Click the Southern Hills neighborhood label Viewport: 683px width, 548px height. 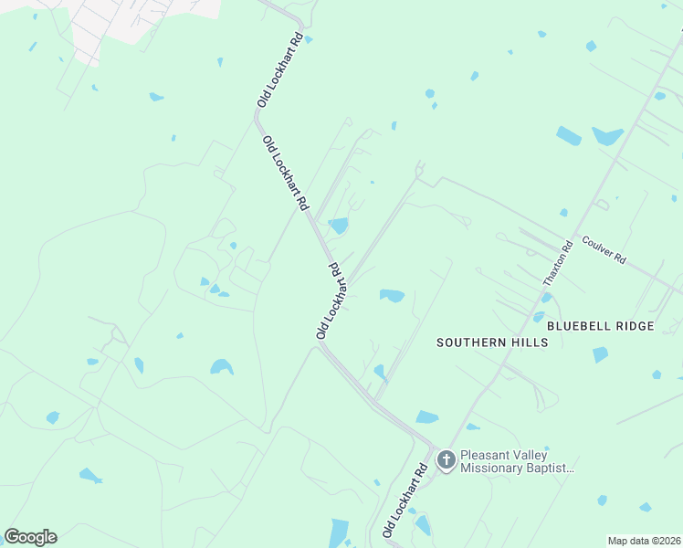(492, 342)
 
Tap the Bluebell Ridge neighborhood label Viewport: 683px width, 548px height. (600, 326)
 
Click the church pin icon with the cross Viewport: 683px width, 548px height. (446, 459)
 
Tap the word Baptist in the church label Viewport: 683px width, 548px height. (553, 468)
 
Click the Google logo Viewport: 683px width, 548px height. (30, 537)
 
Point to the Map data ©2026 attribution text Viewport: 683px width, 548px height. (644, 541)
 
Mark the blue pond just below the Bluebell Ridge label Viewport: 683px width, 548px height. (600, 354)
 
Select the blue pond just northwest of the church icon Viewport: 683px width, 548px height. (426, 417)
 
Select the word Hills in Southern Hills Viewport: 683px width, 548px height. (531, 342)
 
